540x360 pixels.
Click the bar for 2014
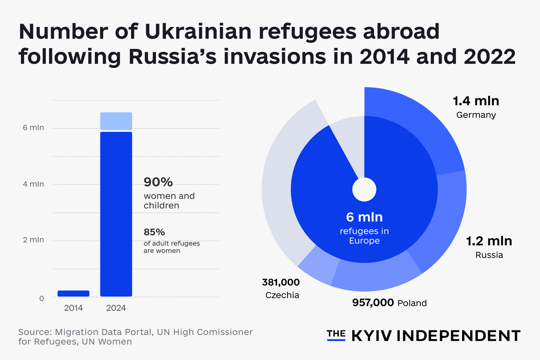click(73, 293)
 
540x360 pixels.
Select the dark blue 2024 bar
click(116, 213)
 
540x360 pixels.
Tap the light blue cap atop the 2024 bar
click(116, 121)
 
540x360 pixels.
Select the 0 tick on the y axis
click(41, 298)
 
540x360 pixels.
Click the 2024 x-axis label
click(116, 308)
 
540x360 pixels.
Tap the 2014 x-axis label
click(73, 308)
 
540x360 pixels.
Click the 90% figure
click(158, 182)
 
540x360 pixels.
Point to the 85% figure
click(154, 232)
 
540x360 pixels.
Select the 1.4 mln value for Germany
click(476, 101)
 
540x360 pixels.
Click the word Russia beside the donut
click(489, 255)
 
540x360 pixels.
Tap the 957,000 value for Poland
click(373, 302)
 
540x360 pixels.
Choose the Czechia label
click(282, 295)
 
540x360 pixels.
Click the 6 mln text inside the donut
click(364, 216)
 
